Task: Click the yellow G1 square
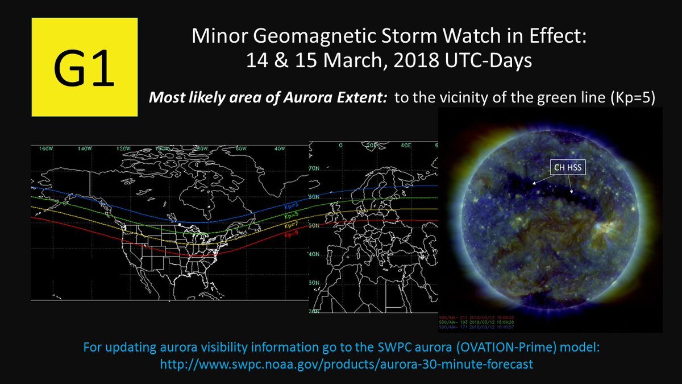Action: (x=85, y=67)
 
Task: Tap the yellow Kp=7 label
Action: (x=291, y=226)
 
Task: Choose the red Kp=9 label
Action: (x=291, y=233)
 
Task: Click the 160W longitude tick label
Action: (x=46, y=149)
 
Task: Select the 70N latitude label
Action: (x=313, y=169)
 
